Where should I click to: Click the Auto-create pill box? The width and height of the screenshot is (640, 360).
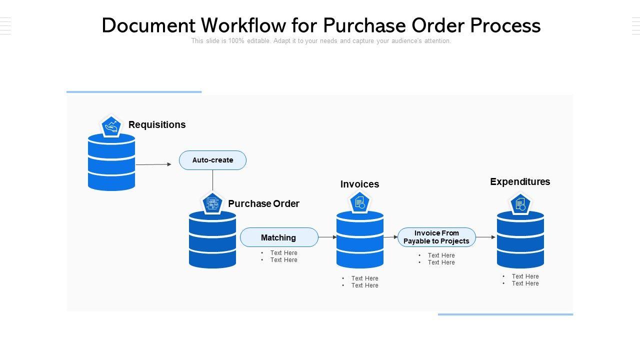click(x=212, y=160)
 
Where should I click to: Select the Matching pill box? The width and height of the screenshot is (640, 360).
click(x=279, y=237)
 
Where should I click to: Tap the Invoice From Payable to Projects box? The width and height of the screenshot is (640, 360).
click(x=436, y=237)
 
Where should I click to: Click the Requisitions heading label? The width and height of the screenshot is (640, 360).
click(x=157, y=124)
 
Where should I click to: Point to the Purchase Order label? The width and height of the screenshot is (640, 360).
click(x=263, y=203)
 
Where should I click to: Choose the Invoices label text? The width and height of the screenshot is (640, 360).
click(x=359, y=184)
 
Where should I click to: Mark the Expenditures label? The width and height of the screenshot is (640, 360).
click(x=520, y=181)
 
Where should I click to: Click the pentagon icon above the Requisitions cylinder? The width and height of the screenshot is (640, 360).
click(x=111, y=126)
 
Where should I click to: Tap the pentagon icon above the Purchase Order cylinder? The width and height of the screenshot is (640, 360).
click(x=212, y=203)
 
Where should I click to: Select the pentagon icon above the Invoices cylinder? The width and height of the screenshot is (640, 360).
click(x=359, y=202)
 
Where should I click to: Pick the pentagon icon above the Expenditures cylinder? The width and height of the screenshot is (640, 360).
click(x=520, y=203)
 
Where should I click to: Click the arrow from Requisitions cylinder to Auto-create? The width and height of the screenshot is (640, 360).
click(x=153, y=164)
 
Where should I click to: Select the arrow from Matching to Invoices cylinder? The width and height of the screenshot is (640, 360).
click(x=327, y=237)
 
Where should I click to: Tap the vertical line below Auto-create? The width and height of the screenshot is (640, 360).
click(x=212, y=180)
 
